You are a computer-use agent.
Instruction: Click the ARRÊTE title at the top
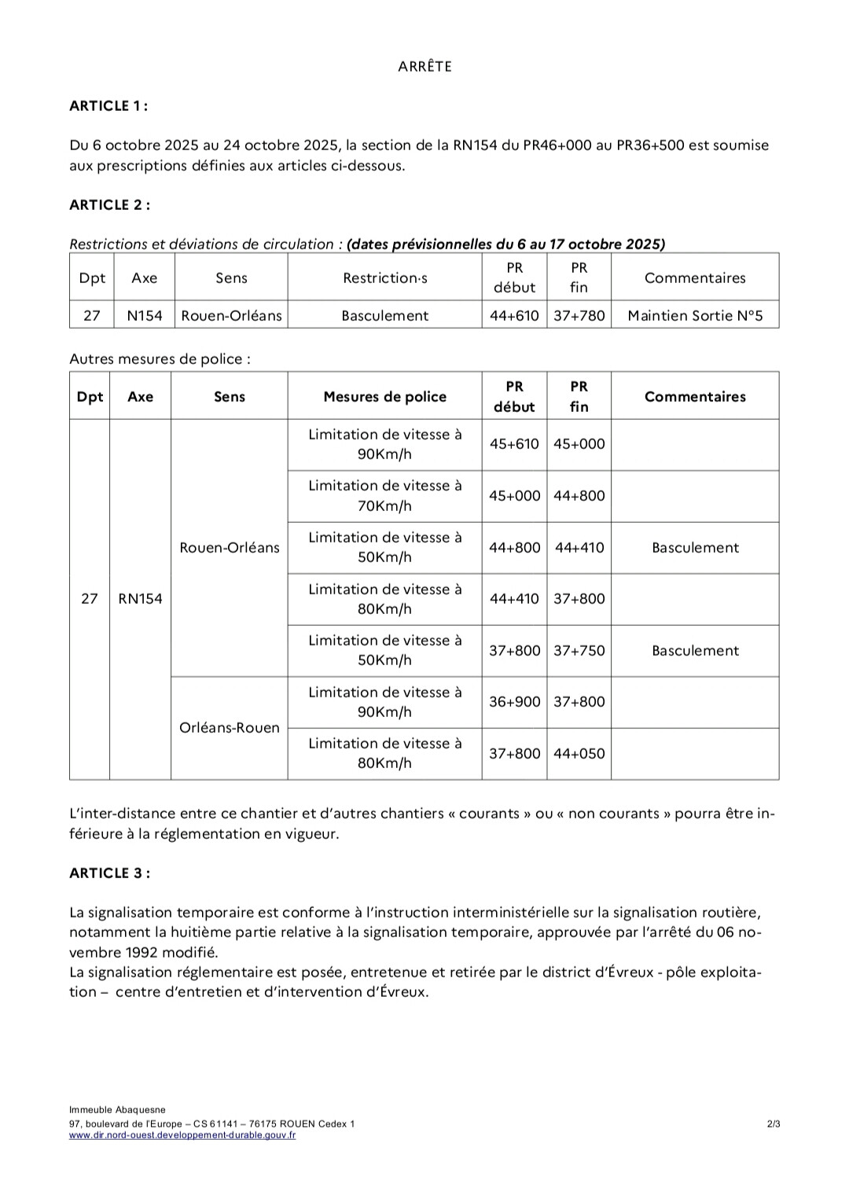pos(424,67)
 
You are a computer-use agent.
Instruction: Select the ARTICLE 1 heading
pos(108,106)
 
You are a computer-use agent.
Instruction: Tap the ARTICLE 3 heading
pos(109,873)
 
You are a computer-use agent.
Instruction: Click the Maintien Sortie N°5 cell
pos(695,316)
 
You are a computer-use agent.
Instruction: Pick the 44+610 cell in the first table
pos(514,316)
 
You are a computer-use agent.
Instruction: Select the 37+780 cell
pos(579,316)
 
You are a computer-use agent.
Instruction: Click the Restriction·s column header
pos(384,278)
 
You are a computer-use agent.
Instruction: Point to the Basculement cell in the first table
pos(384,316)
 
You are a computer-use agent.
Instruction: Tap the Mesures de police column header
pos(384,397)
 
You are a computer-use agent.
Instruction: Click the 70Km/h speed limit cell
pos(384,496)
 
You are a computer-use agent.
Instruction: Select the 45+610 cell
pos(514,444)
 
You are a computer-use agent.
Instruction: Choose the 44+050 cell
pos(579,754)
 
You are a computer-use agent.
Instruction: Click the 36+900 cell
pos(514,702)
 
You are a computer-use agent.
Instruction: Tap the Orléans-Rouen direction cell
pos(230,728)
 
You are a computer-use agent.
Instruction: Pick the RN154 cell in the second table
pos(140,599)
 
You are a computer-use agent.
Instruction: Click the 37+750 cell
pos(579,651)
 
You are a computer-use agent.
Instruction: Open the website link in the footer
pos(182,1135)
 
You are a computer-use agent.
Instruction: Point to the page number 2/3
pos(774,1124)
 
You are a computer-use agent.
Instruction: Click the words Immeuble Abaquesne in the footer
pos(117,1110)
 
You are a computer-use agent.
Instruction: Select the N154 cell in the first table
pos(145,316)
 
